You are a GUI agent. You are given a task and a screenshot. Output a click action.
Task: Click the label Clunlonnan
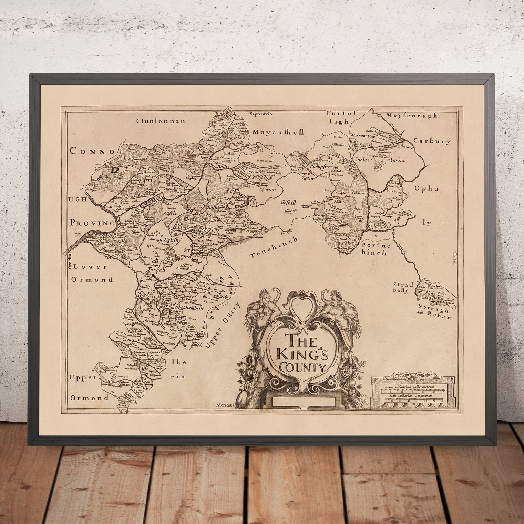[x=161, y=121]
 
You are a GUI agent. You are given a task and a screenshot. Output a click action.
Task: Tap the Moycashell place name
[x=278, y=132]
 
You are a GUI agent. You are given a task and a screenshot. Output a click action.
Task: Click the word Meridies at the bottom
[x=225, y=405]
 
